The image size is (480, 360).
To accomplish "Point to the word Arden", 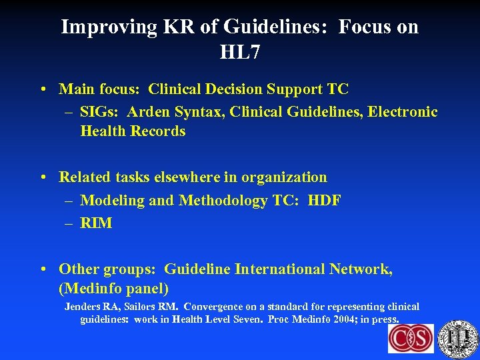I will [x=150, y=111].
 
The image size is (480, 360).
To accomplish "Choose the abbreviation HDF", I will [x=324, y=201].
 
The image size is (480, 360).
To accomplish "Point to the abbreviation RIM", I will [x=96, y=223].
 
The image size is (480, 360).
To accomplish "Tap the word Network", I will [x=360, y=269].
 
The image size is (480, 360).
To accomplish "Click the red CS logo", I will [x=411, y=339].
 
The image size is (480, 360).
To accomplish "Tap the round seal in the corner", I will [x=458, y=339].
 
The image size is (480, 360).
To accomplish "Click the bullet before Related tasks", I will [x=43, y=177].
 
